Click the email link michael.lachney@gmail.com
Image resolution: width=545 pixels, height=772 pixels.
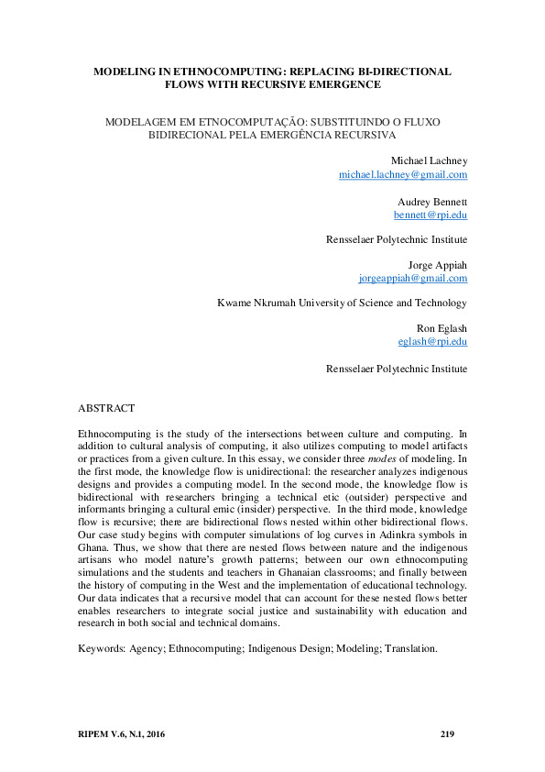(x=403, y=174)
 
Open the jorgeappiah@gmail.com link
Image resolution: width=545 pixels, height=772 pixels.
(x=413, y=278)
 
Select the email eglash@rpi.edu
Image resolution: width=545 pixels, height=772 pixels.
(x=432, y=341)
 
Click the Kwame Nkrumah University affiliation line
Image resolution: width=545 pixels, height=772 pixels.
(x=342, y=303)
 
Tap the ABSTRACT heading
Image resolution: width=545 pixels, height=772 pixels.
(x=106, y=407)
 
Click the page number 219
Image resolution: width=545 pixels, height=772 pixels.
(x=448, y=733)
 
